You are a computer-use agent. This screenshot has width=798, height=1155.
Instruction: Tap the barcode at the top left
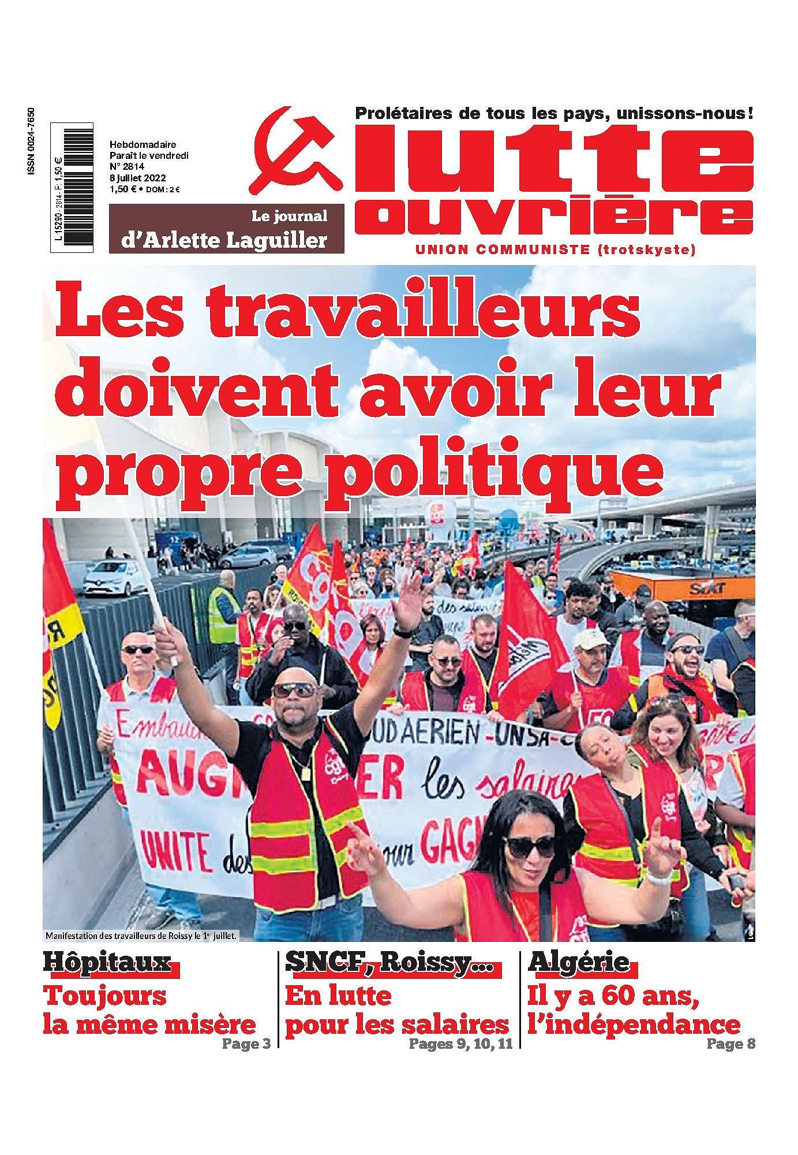[72, 187]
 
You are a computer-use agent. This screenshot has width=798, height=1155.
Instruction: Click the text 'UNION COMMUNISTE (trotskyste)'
[555, 250]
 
